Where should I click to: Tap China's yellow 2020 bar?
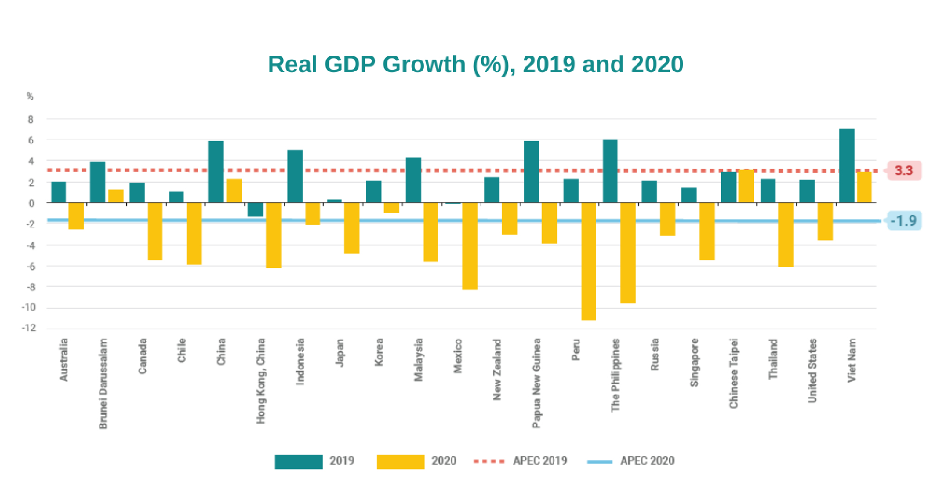tap(234, 191)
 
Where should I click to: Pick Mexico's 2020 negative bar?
tap(470, 246)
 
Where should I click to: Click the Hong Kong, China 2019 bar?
tap(256, 210)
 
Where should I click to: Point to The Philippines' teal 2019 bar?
tap(610, 171)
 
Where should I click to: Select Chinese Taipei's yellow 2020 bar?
tap(746, 186)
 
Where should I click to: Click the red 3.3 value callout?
tap(904, 171)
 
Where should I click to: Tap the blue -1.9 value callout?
tap(904, 221)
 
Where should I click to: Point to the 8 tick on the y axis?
tap(31, 119)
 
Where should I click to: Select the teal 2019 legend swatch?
tap(298, 461)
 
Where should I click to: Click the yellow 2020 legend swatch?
tap(400, 461)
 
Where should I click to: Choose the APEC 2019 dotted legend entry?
tap(520, 461)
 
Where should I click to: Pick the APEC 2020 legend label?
tap(647, 461)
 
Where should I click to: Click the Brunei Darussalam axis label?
tap(104, 383)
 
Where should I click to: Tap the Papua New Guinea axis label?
tap(536, 383)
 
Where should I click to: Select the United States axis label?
tap(812, 371)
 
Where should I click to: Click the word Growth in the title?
tap(424, 64)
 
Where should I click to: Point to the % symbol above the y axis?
tap(30, 97)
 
